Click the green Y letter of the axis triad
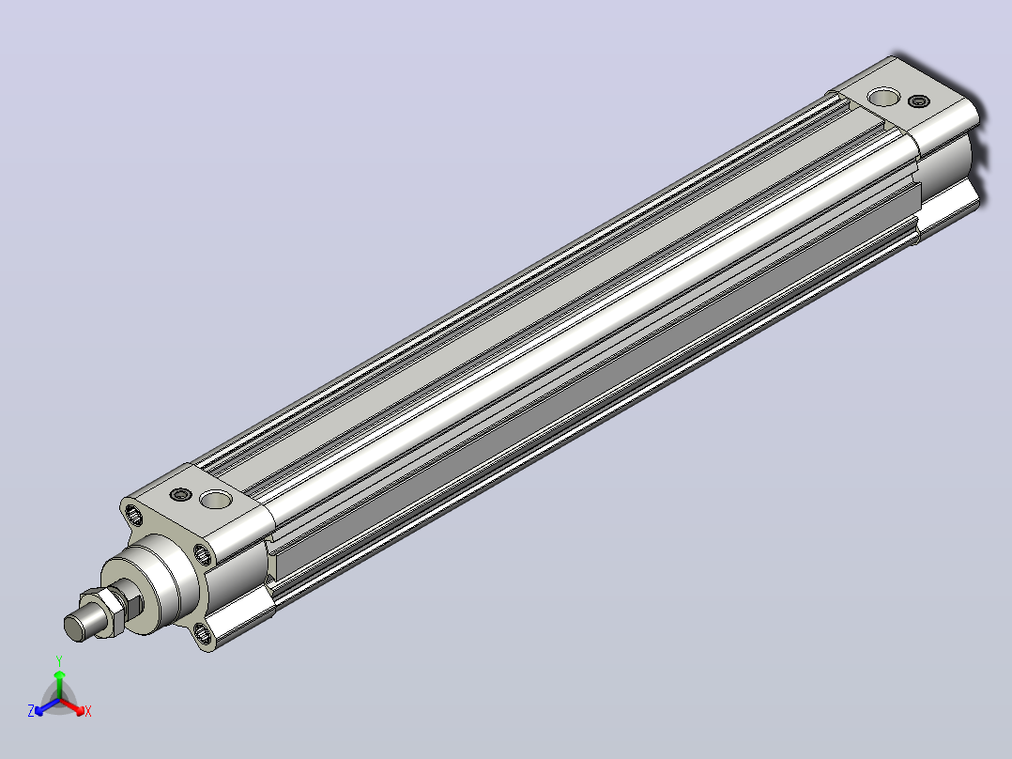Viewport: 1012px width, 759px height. [x=59, y=660]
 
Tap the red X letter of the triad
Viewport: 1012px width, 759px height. [x=88, y=711]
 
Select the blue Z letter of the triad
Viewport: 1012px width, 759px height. [x=31, y=710]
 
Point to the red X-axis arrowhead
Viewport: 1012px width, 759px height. [x=79, y=710]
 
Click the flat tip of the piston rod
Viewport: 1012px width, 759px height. [x=75, y=627]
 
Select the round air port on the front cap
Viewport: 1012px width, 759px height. [x=216, y=499]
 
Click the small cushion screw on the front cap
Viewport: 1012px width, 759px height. [x=181, y=495]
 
